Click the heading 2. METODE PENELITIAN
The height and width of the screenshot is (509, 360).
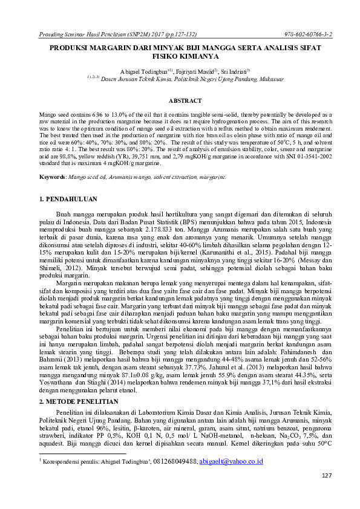click(x=77, y=401)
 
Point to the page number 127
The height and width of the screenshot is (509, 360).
click(x=327, y=492)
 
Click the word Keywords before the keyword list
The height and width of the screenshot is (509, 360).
click(x=51, y=177)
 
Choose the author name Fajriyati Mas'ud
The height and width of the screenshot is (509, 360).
click(x=187, y=71)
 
